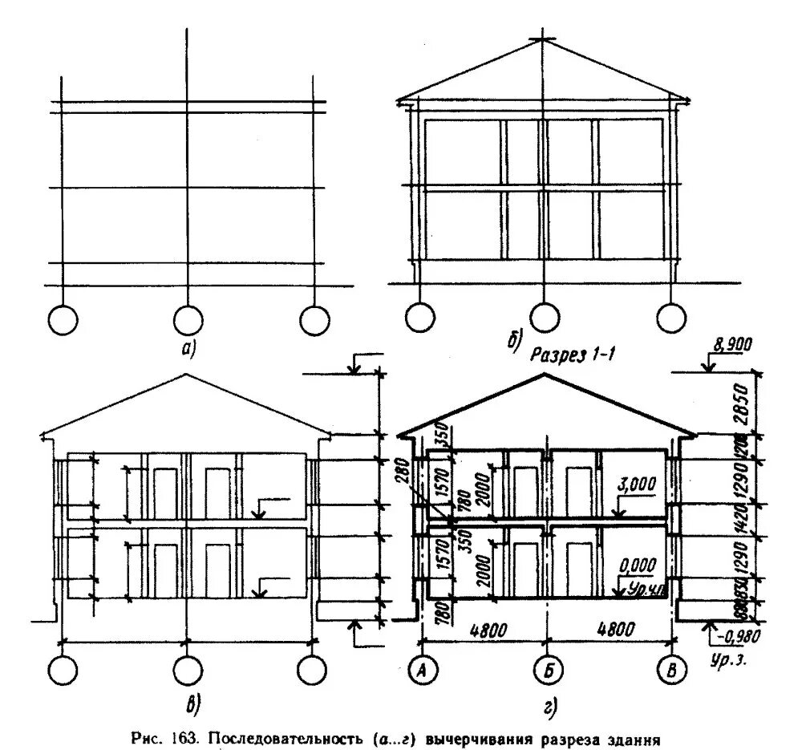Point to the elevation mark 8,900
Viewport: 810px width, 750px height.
pos(730,346)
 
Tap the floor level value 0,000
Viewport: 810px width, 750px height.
pos(638,563)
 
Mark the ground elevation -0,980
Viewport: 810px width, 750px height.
pos(735,637)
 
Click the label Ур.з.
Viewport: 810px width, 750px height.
pos(728,663)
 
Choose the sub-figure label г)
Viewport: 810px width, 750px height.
pos(549,706)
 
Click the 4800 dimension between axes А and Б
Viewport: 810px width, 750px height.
pos(485,630)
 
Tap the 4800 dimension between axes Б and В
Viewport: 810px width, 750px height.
pos(615,630)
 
